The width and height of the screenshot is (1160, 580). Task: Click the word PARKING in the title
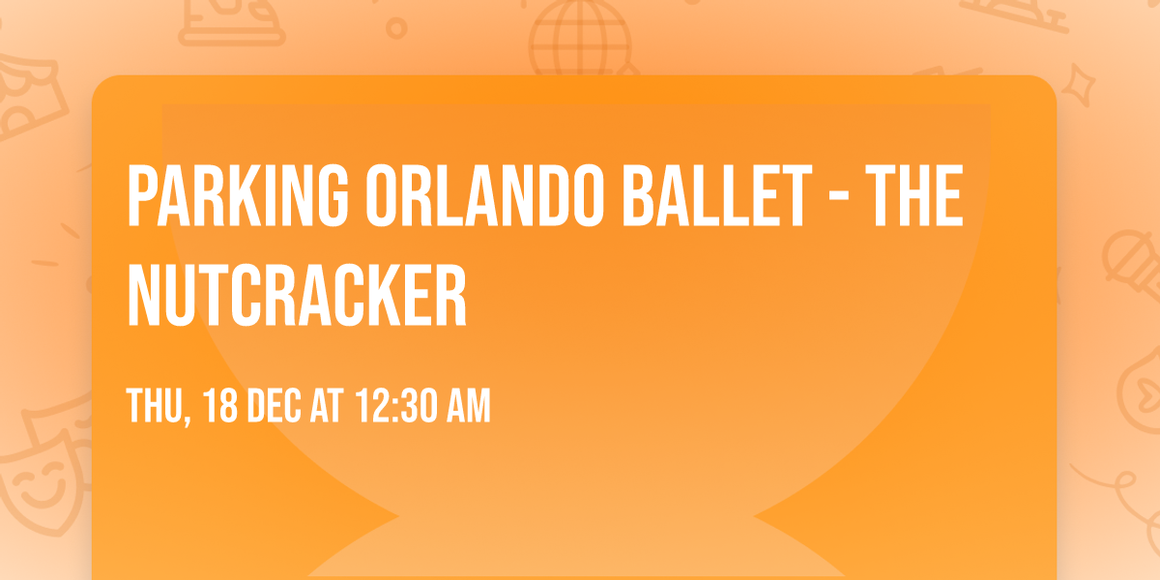238,196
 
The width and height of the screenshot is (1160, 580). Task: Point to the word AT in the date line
329,407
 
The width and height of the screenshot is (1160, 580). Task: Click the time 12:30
397,407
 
